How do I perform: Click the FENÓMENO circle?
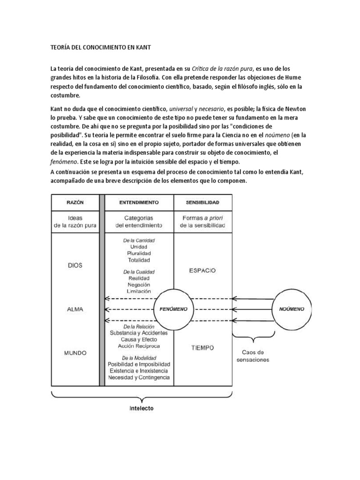[174, 309]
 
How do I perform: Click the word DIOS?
[75, 265]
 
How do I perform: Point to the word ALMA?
[75, 309]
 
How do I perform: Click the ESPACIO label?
[202, 270]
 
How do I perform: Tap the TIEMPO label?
[202, 348]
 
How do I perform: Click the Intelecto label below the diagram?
[142, 408]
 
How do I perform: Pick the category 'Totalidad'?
[139, 260]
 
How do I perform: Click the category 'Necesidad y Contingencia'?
[139, 377]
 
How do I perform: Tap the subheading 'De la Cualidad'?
[139, 271]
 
